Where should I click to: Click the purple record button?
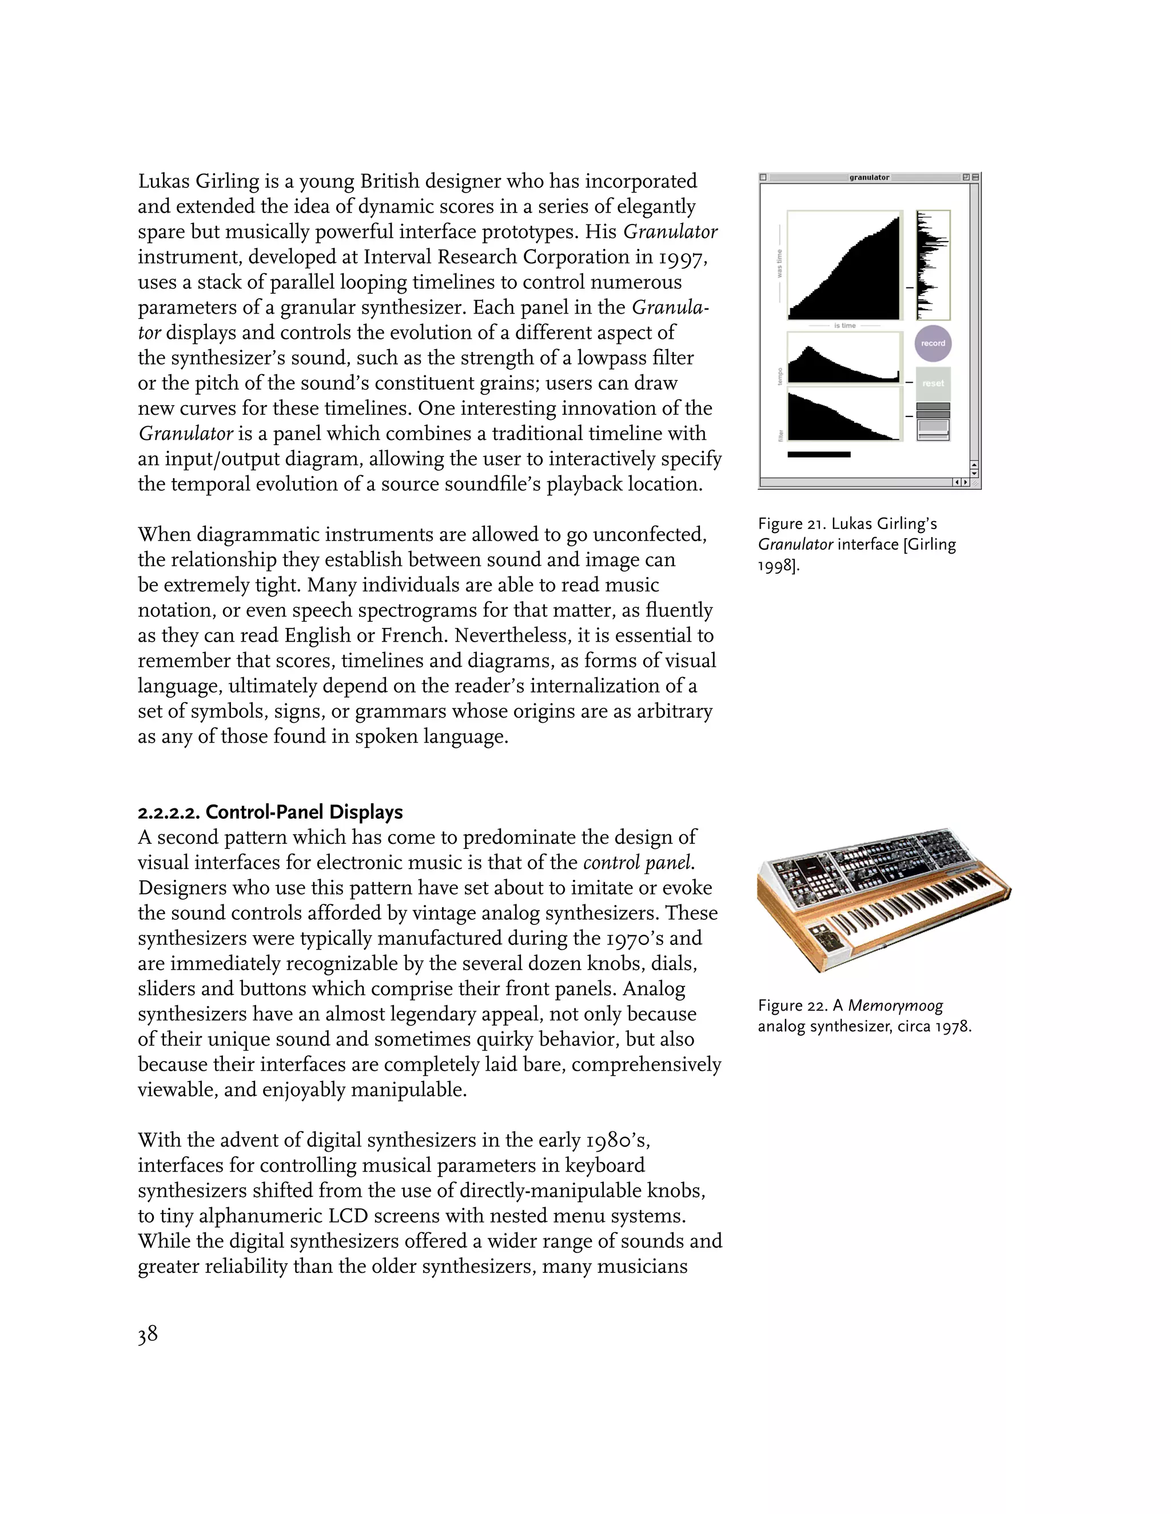click(x=933, y=343)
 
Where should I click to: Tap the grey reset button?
click(x=933, y=383)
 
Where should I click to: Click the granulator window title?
click(x=869, y=178)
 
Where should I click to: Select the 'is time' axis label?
click(x=845, y=326)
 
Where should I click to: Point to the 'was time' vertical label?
click(x=779, y=264)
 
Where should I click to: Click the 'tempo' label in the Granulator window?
click(x=780, y=377)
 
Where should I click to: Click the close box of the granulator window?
click(x=763, y=178)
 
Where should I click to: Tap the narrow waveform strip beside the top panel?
click(x=933, y=265)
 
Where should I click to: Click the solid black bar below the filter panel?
click(x=819, y=455)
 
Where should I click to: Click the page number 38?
click(x=147, y=1335)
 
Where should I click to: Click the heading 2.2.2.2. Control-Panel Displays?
click(x=270, y=812)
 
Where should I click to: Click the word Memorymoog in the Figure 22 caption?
click(x=895, y=1006)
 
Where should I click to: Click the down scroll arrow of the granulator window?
click(x=974, y=474)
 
